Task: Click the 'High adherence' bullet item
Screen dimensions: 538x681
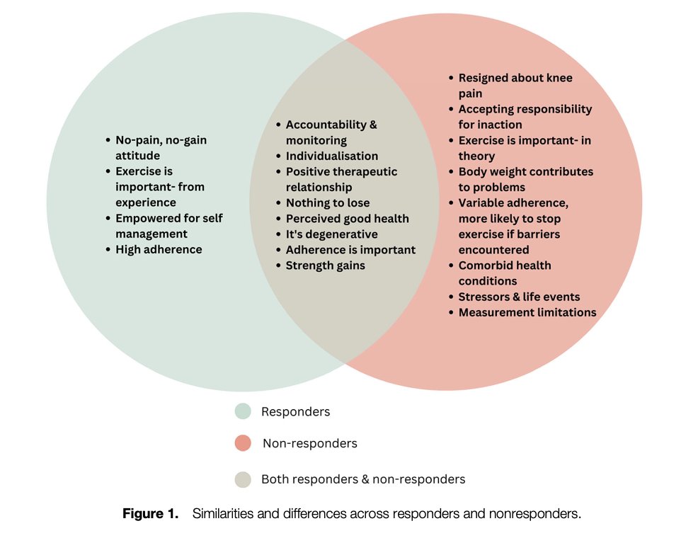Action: click(159, 249)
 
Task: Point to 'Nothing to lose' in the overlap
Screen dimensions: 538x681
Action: click(327, 203)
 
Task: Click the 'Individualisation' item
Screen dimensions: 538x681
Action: click(332, 156)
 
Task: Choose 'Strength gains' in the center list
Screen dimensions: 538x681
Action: click(326, 265)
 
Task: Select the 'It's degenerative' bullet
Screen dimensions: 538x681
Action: click(331, 234)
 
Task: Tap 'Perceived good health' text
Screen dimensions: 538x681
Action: click(347, 219)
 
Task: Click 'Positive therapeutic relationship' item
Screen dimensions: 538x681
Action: click(341, 179)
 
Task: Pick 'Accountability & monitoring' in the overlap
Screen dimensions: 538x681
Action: click(331, 132)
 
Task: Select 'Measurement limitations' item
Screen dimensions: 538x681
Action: click(527, 312)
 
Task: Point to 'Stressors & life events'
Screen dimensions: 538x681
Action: click(520, 297)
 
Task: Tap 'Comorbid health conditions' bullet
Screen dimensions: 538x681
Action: click(504, 273)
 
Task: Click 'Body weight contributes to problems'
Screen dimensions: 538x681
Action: click(525, 179)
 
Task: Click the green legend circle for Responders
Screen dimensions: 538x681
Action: click(243, 411)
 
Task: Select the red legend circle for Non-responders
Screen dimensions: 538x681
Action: click(243, 443)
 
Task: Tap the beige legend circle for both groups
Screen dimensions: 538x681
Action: click(243, 479)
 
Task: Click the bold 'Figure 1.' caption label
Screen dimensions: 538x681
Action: click(151, 514)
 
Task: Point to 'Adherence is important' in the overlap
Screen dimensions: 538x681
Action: click(350, 250)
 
